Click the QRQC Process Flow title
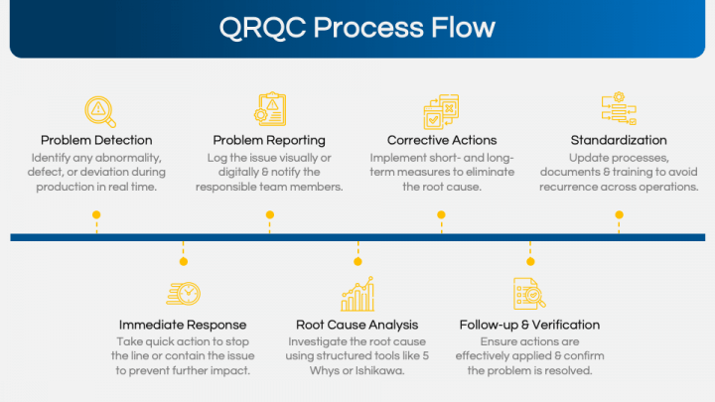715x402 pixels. [357, 27]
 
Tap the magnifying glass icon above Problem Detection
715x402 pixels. [97, 108]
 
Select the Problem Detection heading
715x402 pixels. [96, 140]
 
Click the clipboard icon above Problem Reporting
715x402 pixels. [269, 108]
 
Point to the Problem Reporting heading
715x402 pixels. [269, 140]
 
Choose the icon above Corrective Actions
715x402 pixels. [442, 108]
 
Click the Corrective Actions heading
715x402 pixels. [442, 140]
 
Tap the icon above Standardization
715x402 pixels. [618, 108]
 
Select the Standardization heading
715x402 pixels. [618, 140]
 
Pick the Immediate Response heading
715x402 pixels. [183, 325]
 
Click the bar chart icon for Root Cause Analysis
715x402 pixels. [357, 294]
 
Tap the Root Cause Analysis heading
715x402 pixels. [357, 325]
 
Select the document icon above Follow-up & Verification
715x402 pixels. [529, 294]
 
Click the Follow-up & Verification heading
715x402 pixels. [529, 325]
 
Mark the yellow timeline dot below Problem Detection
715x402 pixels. [96, 214]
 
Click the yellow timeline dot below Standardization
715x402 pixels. [619, 214]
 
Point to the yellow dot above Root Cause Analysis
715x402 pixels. [357, 261]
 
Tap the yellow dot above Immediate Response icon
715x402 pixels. [183, 261]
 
